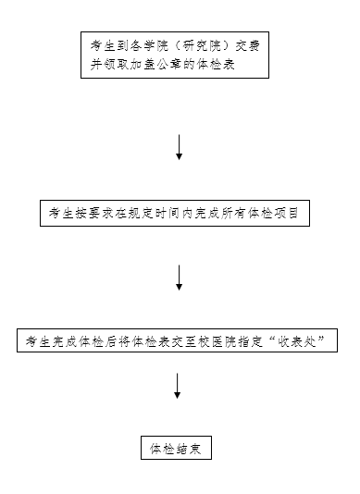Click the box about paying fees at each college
coord(174,55)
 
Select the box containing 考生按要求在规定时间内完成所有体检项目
coord(174,213)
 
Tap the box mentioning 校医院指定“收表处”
coord(177,340)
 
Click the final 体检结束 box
coord(176,450)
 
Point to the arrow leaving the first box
coord(179,147)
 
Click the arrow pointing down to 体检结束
coord(177,386)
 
